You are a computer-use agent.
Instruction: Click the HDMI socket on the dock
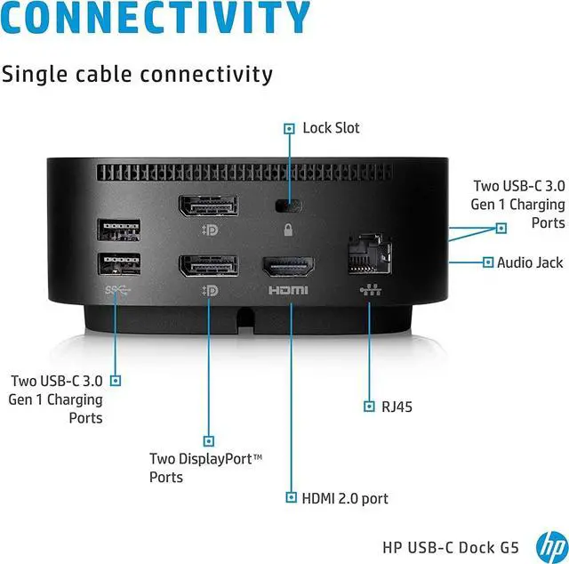[287, 268]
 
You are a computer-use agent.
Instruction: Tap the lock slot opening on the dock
[288, 206]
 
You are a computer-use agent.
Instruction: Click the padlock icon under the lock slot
[288, 230]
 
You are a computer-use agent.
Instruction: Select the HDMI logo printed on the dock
[287, 290]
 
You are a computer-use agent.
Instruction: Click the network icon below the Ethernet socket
[367, 290]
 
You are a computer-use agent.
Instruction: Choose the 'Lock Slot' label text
[331, 128]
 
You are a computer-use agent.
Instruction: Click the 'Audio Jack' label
[530, 262]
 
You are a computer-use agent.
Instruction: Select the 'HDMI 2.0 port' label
[346, 498]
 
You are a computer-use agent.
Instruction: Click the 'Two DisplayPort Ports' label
[206, 468]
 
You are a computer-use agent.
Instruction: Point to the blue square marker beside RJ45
[370, 407]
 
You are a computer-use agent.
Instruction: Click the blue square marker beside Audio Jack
[487, 262]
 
